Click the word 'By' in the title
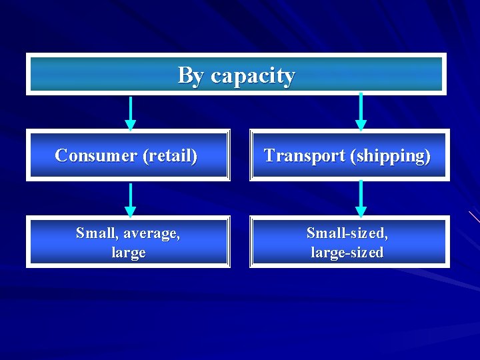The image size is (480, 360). point(191,75)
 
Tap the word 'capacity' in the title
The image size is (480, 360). point(253,76)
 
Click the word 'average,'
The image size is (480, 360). point(150,233)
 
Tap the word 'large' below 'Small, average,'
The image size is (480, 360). point(129,253)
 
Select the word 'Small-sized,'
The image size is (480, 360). point(347,233)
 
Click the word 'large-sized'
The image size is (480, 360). point(347,253)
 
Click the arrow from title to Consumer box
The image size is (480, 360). point(131,113)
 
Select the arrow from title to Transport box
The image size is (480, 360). point(361,111)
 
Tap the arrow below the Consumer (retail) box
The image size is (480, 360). point(131,199)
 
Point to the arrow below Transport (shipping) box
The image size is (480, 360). point(361,198)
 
